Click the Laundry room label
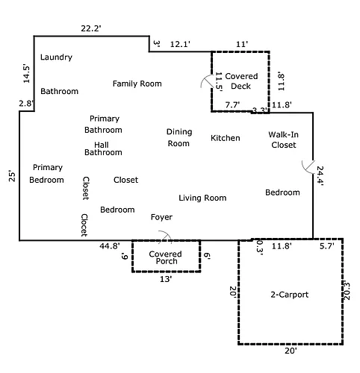tap(56, 57)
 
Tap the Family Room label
tap(137, 84)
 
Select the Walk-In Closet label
tap(284, 140)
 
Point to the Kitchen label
tap(226, 138)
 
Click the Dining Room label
tap(179, 137)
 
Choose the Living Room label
tap(202, 198)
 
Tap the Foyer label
tap(161, 217)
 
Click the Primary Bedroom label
tap(46, 174)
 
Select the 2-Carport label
tap(290, 295)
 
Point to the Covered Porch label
tap(166, 257)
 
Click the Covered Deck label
tap(241, 81)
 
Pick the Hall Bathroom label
tap(103, 148)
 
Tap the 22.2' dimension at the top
tap(91, 28)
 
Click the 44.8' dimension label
tap(110, 246)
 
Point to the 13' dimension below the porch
tap(166, 279)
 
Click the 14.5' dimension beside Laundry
tap(26, 74)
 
